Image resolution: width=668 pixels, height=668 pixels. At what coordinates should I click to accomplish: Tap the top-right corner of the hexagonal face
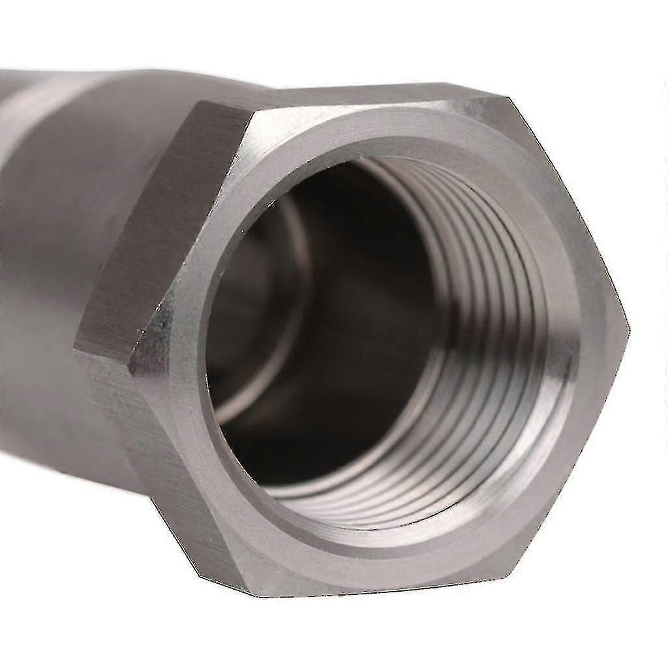click(x=508, y=99)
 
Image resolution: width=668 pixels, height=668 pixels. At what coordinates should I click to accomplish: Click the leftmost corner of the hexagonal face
click(x=130, y=365)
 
